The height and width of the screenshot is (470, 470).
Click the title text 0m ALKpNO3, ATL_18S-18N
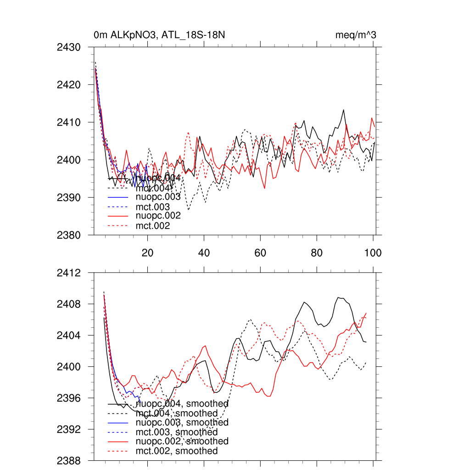159,35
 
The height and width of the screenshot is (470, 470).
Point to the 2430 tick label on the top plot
69,47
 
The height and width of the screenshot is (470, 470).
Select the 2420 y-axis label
69,85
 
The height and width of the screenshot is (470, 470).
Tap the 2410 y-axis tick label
69,123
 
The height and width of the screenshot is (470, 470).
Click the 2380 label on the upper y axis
69,235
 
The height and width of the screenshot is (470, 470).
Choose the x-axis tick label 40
204,253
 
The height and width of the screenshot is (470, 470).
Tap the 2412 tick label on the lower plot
69,273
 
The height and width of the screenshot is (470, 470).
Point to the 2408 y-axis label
69,304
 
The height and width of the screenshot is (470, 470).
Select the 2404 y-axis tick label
69,336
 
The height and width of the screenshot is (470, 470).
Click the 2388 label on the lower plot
69,460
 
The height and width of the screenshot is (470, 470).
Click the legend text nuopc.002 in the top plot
158,215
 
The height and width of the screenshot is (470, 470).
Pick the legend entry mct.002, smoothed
177,451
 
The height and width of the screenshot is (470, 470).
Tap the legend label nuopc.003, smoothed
182,422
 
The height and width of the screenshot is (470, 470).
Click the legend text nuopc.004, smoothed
182,404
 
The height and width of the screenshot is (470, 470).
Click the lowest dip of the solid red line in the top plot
264,188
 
